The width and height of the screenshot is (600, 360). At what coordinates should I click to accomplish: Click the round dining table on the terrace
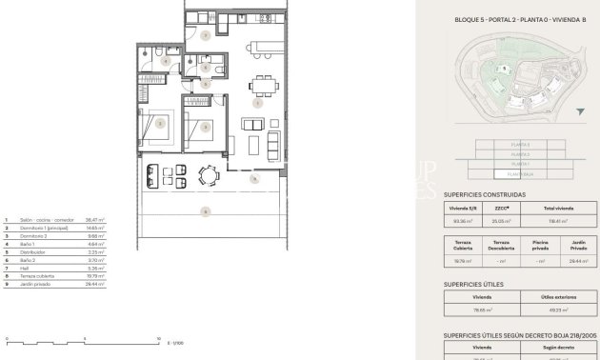(207, 174)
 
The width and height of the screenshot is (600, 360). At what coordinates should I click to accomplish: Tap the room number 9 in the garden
(205, 211)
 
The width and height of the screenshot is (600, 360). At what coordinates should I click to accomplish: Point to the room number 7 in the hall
(207, 34)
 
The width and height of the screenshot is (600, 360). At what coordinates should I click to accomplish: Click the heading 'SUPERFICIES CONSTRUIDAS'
(485, 194)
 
